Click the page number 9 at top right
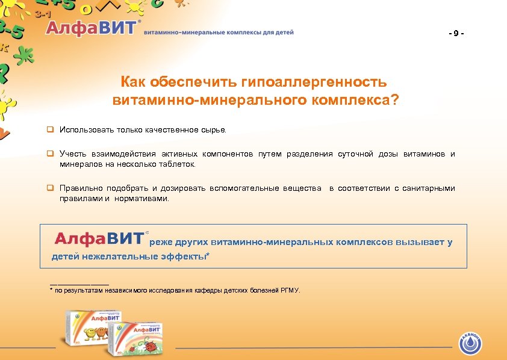(456, 33)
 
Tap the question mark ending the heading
(394, 99)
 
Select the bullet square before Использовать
(51, 129)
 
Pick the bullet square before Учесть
(51, 154)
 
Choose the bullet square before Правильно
(51, 188)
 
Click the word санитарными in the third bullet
(431, 188)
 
